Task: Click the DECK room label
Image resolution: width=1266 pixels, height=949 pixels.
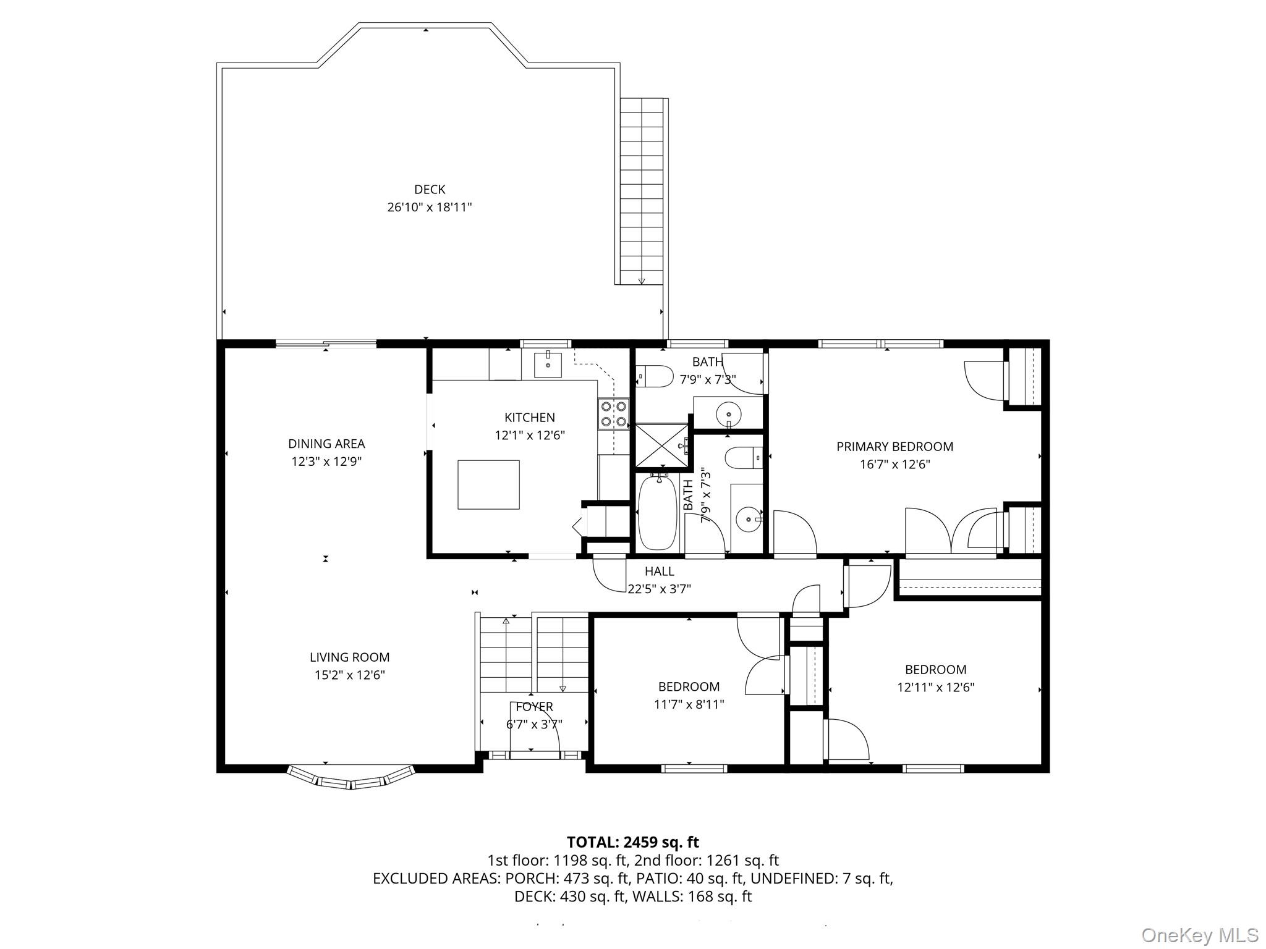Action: click(x=430, y=190)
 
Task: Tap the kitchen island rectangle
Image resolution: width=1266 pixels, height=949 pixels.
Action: click(x=488, y=484)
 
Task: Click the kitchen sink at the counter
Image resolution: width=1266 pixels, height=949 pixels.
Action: click(x=548, y=364)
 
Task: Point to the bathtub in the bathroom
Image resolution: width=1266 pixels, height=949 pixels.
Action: click(x=659, y=512)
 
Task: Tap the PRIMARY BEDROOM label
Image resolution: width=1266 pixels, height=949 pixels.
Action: click(x=894, y=447)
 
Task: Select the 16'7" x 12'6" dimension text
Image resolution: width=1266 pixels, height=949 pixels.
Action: click(x=894, y=465)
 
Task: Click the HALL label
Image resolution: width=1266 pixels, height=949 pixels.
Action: click(x=660, y=572)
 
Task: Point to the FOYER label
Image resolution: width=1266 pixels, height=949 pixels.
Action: click(x=535, y=707)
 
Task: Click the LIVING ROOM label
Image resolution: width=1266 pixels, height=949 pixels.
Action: click(x=350, y=657)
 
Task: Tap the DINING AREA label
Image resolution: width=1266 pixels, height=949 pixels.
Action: click(x=326, y=444)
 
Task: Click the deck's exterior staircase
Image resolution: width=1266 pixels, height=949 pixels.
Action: click(x=642, y=192)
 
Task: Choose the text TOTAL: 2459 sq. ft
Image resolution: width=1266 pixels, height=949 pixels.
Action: click(x=633, y=842)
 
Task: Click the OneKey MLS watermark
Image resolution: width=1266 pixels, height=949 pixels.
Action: click(x=1200, y=935)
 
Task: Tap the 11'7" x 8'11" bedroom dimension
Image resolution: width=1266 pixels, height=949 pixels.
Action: click(x=689, y=704)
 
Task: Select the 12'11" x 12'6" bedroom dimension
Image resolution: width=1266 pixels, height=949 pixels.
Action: click(x=935, y=687)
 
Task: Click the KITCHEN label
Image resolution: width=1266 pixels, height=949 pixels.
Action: click(x=530, y=418)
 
